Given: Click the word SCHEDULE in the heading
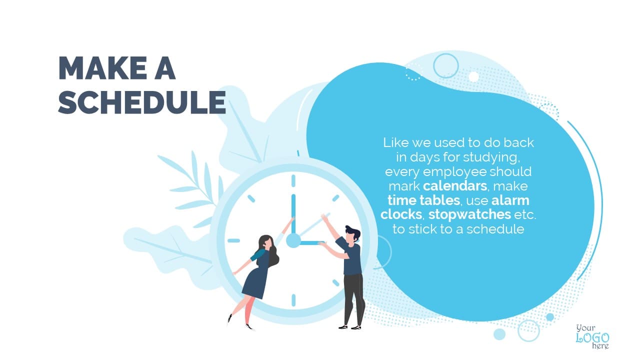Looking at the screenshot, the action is click(142, 102).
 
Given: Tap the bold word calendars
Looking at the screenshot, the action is click(455, 186).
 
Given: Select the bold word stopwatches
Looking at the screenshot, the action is click(469, 214).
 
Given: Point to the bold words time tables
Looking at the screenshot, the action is click(423, 200).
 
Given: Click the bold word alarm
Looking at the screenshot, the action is click(510, 200).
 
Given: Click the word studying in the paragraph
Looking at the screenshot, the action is click(489, 157).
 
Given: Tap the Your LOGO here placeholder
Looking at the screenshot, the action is click(592, 336).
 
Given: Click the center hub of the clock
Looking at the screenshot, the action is click(293, 240).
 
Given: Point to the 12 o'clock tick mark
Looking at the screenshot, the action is click(293, 181).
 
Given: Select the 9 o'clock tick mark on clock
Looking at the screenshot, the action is click(233, 240).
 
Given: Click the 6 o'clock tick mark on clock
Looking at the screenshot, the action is click(293, 300).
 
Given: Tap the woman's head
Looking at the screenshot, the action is click(267, 243).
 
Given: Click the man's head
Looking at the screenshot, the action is click(352, 234).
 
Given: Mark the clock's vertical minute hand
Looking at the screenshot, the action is click(293, 214).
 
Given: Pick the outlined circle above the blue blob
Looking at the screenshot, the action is click(445, 65).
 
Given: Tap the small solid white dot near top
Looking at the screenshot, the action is click(473, 76).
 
